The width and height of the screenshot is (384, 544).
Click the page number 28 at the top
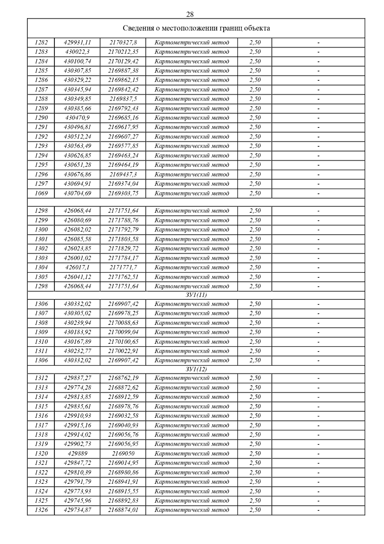(x=190, y=14)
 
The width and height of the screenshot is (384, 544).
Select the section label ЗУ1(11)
(x=196, y=295)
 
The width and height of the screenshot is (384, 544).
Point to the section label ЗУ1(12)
(x=196, y=369)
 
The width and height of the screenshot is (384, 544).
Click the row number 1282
(x=41, y=42)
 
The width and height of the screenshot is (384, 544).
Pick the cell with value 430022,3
(x=77, y=52)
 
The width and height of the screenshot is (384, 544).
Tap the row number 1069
(x=41, y=193)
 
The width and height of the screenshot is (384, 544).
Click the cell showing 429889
(x=77, y=453)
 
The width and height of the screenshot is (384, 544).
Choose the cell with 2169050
(x=123, y=453)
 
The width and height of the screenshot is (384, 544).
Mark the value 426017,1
(x=77, y=267)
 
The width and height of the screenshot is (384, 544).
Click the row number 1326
(x=41, y=510)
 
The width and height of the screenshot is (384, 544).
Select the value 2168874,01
(x=123, y=510)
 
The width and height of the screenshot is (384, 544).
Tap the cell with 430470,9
(x=77, y=118)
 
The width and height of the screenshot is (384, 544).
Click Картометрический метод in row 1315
(x=192, y=406)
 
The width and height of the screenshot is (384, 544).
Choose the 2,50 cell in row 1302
(x=255, y=248)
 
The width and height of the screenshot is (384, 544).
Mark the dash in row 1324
(x=318, y=491)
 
